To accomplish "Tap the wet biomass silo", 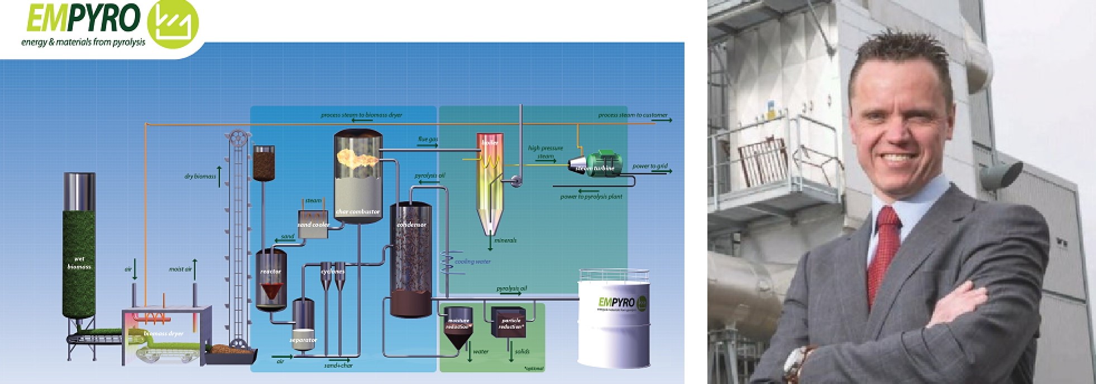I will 79,246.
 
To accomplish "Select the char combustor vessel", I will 358,179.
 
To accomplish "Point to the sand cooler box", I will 313,223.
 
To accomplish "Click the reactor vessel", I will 271,279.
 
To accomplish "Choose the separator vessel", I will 303,324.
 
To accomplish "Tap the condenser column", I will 410,257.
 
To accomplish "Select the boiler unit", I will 490,179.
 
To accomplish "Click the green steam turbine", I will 600,164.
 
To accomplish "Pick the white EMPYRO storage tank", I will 614,324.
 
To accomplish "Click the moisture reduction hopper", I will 457,327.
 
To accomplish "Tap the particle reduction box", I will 509,321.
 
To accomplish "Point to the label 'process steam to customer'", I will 632,115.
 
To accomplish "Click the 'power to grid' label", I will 649,166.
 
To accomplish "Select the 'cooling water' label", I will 472,261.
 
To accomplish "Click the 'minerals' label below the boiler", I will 505,240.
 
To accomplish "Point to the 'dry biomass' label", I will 200,177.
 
